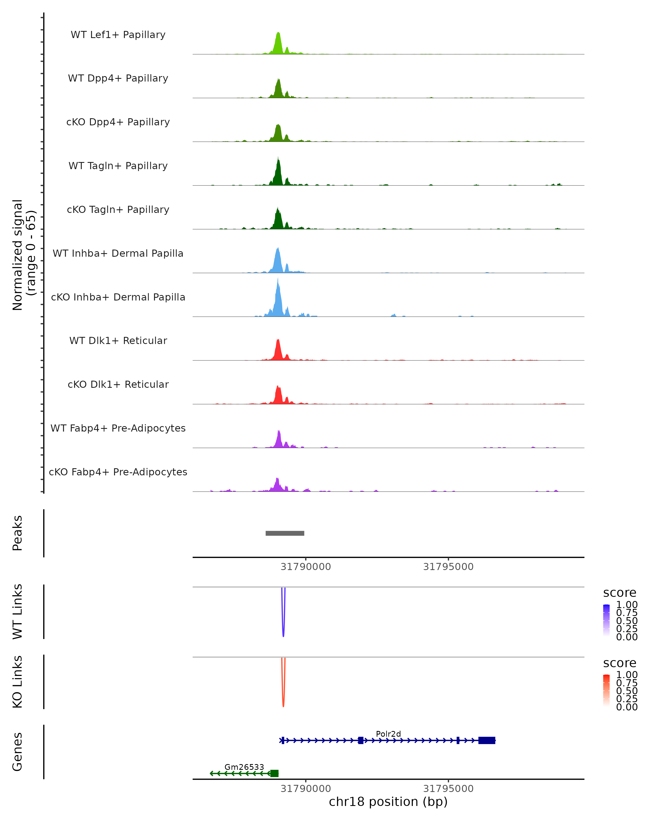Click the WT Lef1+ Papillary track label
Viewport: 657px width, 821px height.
(x=118, y=35)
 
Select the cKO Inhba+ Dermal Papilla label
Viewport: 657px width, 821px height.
(x=118, y=297)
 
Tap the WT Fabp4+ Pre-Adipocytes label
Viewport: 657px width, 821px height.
(x=118, y=428)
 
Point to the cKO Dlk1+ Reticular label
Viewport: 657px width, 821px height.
(x=118, y=384)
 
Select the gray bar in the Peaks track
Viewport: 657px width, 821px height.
(x=285, y=533)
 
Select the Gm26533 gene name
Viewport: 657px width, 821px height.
(x=244, y=767)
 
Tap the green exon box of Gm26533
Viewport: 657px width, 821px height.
(x=274, y=773)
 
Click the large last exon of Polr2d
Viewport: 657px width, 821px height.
(x=487, y=740)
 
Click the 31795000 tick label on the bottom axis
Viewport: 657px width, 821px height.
(x=448, y=789)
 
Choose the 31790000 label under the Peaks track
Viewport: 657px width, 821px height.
(x=306, y=567)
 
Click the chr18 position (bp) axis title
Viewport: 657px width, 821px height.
(x=388, y=802)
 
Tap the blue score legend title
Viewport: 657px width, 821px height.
(x=620, y=592)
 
